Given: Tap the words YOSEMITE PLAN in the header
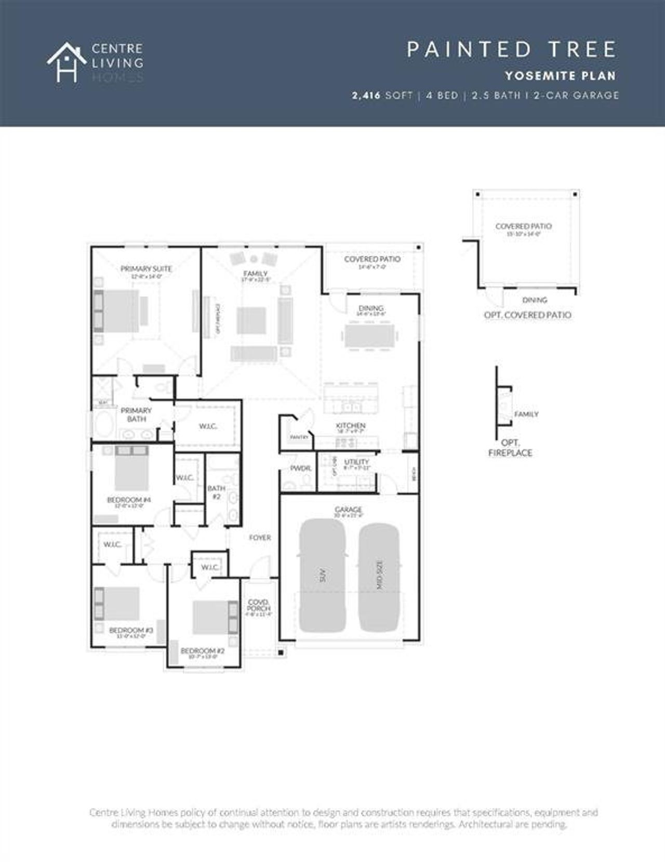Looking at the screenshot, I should pos(560,76).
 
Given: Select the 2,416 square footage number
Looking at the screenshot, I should pos(366,96).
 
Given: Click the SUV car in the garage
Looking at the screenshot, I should pos(323,575).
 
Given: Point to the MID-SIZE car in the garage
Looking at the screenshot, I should pos(379,575).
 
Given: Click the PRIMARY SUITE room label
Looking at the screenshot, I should pos(146,269).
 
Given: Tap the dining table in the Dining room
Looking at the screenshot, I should pos(370,336).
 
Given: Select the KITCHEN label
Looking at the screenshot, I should pos(351,425).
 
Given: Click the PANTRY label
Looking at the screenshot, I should pos(299,437).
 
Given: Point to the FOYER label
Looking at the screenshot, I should pos(260,538).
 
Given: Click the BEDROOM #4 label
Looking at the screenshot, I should pos(129,500).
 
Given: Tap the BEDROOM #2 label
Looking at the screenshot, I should pos(202,650).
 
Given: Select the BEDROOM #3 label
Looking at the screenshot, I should pos(131,630).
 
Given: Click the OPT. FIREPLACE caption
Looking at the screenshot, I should pos(510,448).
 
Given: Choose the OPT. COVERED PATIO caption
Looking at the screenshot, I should pos(527,315).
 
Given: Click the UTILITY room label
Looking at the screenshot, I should pos(357,462).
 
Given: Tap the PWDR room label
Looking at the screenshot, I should pos(300,468).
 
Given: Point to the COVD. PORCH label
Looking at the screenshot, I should pos(258,605).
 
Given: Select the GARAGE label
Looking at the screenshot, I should pos(348,510).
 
